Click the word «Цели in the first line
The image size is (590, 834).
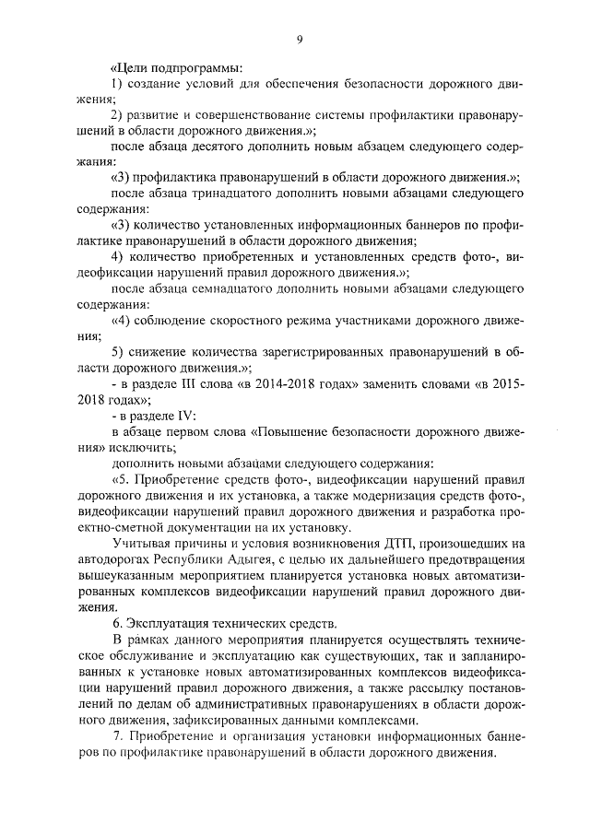(x=130, y=68)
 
